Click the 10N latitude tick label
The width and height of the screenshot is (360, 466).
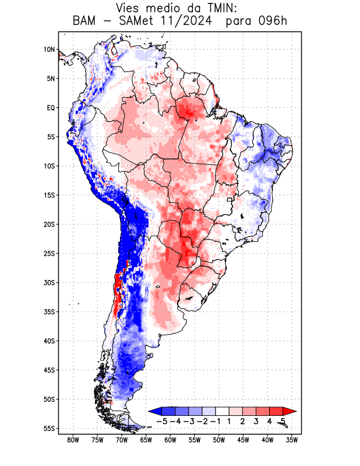49,50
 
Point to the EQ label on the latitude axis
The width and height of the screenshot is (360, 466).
51,108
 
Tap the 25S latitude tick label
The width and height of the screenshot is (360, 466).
49,253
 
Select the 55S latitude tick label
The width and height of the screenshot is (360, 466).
49,428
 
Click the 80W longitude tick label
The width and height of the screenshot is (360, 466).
73,440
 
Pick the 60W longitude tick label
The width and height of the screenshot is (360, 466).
170,440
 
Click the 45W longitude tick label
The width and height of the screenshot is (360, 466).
243,440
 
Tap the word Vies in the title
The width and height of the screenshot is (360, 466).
129,9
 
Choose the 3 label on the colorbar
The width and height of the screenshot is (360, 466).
256,421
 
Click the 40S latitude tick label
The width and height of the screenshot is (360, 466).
49,341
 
